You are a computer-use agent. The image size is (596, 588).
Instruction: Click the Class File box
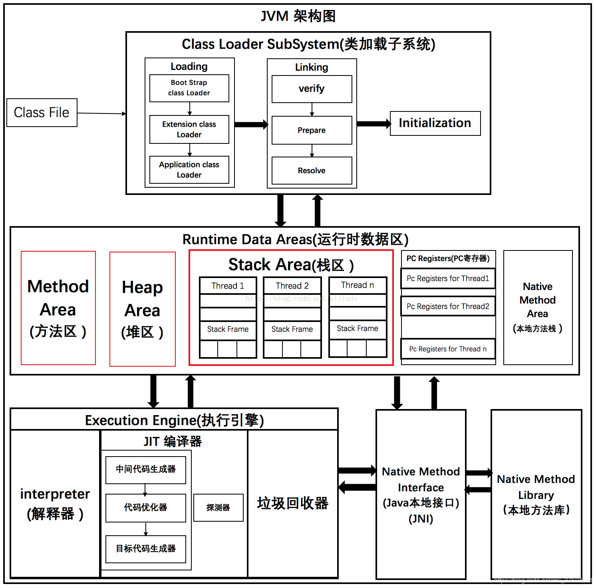pyautogui.click(x=42, y=113)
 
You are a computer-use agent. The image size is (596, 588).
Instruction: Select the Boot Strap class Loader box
pyautogui.click(x=189, y=88)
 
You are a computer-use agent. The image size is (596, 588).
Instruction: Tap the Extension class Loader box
pyautogui.click(x=189, y=129)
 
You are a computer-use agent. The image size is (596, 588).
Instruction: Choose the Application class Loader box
pyautogui.click(x=189, y=170)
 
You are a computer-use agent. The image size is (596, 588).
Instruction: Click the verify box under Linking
pyautogui.click(x=312, y=89)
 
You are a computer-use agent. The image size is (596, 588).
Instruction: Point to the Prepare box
pyautogui.click(x=312, y=130)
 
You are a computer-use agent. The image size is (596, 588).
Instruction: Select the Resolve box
pyautogui.click(x=312, y=171)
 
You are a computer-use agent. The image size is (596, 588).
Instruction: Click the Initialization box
pyautogui.click(x=435, y=123)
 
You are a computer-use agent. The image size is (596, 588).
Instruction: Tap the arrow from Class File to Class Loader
pyautogui.click(x=101, y=113)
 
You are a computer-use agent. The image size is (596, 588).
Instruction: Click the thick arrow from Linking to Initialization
pyautogui.click(x=373, y=124)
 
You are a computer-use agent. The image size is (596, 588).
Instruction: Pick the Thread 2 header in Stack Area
pyautogui.click(x=292, y=286)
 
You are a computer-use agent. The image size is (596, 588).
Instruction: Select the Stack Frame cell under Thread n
pyautogui.click(x=358, y=329)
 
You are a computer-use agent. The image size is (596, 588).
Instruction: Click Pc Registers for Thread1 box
pyautogui.click(x=448, y=278)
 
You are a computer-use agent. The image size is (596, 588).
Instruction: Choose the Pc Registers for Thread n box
pyautogui.click(x=448, y=349)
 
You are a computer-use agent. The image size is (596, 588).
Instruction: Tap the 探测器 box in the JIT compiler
pyautogui.click(x=218, y=507)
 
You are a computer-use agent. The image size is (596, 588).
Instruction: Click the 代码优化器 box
pyautogui.click(x=145, y=507)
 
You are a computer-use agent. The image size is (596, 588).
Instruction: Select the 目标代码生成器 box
pyautogui.click(x=145, y=549)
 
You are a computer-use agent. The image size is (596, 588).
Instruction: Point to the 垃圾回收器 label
pyautogui.click(x=292, y=503)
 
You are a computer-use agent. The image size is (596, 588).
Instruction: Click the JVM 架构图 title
pyautogui.click(x=298, y=16)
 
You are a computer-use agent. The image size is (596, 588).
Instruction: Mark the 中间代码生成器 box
pyautogui.click(x=145, y=469)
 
